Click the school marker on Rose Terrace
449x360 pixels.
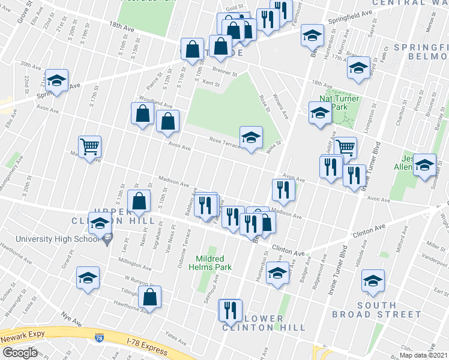(252, 137)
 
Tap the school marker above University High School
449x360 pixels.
(100, 223)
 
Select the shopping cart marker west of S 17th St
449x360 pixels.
(89, 146)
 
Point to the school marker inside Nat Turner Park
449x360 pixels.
(320, 112)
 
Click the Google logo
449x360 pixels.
(19, 353)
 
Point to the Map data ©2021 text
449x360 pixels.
(424, 355)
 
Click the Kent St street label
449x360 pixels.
(212, 83)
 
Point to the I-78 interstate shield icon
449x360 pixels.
(98, 340)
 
